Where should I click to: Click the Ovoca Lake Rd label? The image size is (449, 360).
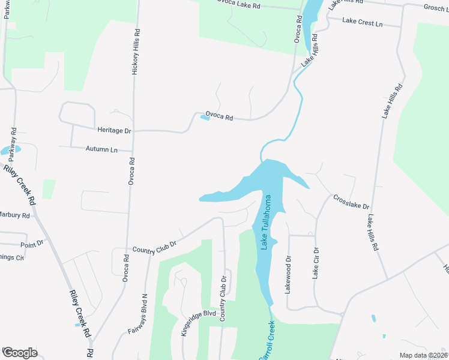[x=238, y=5]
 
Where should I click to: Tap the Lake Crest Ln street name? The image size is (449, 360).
[x=363, y=22]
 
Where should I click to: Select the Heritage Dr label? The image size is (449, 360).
[x=113, y=130]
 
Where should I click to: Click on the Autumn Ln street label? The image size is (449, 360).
[x=101, y=149]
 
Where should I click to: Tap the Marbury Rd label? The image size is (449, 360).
[x=14, y=215]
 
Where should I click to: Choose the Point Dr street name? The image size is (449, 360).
[x=32, y=244]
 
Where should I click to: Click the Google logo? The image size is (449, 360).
[x=20, y=353]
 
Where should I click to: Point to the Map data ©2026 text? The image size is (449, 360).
[x=423, y=355]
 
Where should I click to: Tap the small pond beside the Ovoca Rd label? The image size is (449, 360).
[x=205, y=118]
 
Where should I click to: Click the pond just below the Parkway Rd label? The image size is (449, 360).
[x=11, y=149]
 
